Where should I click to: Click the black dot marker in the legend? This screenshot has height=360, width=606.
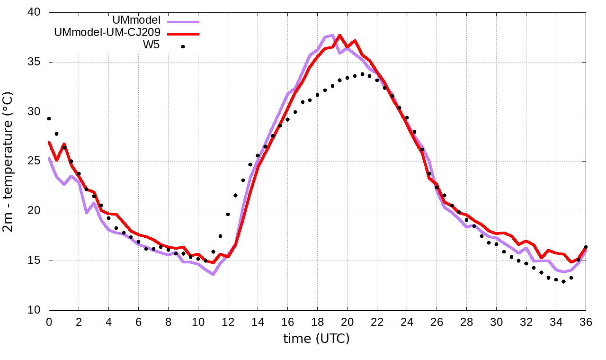(x=183, y=46)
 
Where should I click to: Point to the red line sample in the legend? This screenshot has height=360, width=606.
(x=183, y=34)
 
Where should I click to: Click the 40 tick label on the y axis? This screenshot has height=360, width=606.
(x=34, y=12)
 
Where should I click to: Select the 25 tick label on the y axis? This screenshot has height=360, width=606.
(x=34, y=162)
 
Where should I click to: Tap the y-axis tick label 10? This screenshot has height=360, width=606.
(x=34, y=310)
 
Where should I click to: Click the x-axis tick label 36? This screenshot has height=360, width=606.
(x=586, y=322)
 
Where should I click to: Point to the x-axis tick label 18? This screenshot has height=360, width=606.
(x=317, y=322)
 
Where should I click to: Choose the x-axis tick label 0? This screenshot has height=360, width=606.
(x=49, y=322)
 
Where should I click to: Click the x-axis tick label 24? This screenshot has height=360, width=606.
(x=407, y=322)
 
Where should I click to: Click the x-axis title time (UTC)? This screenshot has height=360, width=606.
(x=316, y=339)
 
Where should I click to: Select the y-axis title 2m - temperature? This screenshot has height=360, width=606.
(x=9, y=161)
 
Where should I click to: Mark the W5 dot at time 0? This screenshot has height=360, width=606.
(x=49, y=118)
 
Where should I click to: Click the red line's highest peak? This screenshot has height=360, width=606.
(x=339, y=35)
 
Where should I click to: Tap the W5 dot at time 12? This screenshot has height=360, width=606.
(x=228, y=214)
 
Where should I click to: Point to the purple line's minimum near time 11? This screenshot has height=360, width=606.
(x=213, y=274)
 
